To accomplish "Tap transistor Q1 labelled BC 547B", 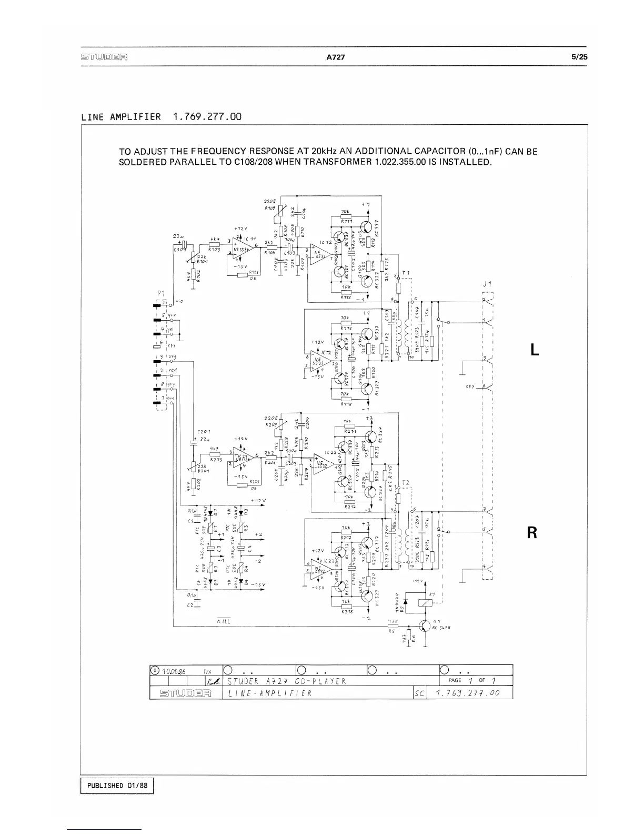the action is [x=424, y=625].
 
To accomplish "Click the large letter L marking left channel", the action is [x=535, y=350].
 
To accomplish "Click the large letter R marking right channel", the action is [x=532, y=533].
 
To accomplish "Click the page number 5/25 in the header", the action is [x=579, y=57].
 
